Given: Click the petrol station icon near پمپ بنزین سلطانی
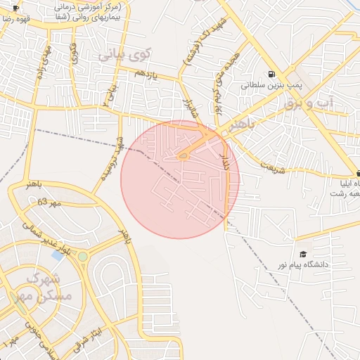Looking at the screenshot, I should (x=271, y=75).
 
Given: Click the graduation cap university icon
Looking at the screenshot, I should (x=303, y=254).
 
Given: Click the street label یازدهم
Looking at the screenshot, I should (x=150, y=73).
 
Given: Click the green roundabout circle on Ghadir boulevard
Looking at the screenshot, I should (x=83, y=257).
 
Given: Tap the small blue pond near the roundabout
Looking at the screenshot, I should (x=58, y=255).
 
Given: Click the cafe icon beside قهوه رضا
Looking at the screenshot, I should (x=15, y=8).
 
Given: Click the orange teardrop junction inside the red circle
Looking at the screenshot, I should (x=183, y=156).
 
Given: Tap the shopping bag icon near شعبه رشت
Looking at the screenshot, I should (x=358, y=173).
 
